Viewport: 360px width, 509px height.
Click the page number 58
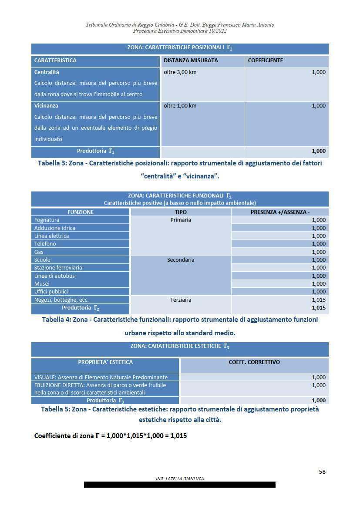(x=322, y=472)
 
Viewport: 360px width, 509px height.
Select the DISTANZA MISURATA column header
(x=191, y=61)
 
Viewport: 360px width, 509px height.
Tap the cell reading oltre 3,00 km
(x=180, y=72)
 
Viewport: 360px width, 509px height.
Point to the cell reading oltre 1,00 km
(x=180, y=106)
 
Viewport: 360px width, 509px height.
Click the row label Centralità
(x=47, y=72)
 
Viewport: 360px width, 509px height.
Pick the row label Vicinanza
(x=46, y=106)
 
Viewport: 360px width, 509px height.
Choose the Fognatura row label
(x=47, y=220)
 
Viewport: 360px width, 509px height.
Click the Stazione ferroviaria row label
(x=58, y=268)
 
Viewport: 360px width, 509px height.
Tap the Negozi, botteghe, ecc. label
(x=61, y=300)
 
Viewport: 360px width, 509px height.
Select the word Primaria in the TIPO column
(x=181, y=220)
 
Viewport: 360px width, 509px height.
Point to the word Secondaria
(x=181, y=260)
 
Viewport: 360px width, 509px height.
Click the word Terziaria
(x=181, y=300)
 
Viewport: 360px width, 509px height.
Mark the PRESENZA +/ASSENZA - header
(x=280, y=212)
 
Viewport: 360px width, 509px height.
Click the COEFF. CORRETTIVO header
(x=254, y=362)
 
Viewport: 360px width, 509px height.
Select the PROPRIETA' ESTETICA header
(x=105, y=362)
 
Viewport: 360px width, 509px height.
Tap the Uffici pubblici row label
(x=51, y=292)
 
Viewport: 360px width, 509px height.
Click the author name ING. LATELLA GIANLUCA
(x=180, y=479)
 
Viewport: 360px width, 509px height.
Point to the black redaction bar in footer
(x=180, y=485)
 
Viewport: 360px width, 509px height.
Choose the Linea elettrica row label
(x=51, y=236)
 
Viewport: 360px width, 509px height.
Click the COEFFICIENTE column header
(x=265, y=61)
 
